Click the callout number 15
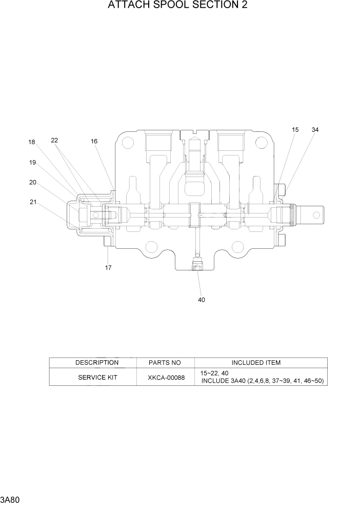[x=295, y=130]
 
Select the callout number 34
[x=315, y=130]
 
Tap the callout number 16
[x=94, y=141]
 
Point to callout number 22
[x=54, y=140]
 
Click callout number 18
[x=32, y=143]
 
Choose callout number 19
[x=32, y=163]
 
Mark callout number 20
[x=32, y=182]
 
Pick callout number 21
[x=33, y=202]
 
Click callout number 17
[x=108, y=267]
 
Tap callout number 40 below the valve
[x=202, y=300]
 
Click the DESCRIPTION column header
[x=97, y=363]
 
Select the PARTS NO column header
[x=165, y=363]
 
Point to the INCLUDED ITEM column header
[x=256, y=363]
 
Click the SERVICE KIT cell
[x=97, y=377]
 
